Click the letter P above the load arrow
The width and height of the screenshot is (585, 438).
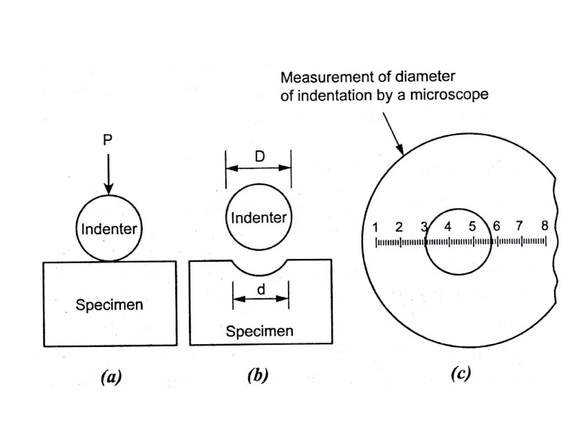[x=107, y=140]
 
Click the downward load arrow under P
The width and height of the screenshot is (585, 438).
[x=109, y=174]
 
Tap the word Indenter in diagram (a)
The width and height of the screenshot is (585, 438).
[x=109, y=229]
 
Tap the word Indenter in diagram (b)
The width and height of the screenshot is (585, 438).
[x=259, y=218]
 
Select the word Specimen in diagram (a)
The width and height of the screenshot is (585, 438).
[x=109, y=305]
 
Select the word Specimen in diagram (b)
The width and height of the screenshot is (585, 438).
[x=259, y=331]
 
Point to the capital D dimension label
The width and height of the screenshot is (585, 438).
[x=260, y=157]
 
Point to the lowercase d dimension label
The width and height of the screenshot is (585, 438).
[x=261, y=290]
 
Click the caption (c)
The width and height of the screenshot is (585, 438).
[x=461, y=374]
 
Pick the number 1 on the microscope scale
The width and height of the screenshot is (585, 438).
[x=375, y=227]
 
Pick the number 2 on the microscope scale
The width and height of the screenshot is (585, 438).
[x=399, y=227]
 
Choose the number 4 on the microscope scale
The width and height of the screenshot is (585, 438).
[x=448, y=227]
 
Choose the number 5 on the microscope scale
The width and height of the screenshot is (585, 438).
[x=472, y=226]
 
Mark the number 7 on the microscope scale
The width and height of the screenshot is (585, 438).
[x=519, y=226]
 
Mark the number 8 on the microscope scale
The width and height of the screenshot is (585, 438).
[x=545, y=226]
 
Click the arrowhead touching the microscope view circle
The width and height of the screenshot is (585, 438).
[x=400, y=150]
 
